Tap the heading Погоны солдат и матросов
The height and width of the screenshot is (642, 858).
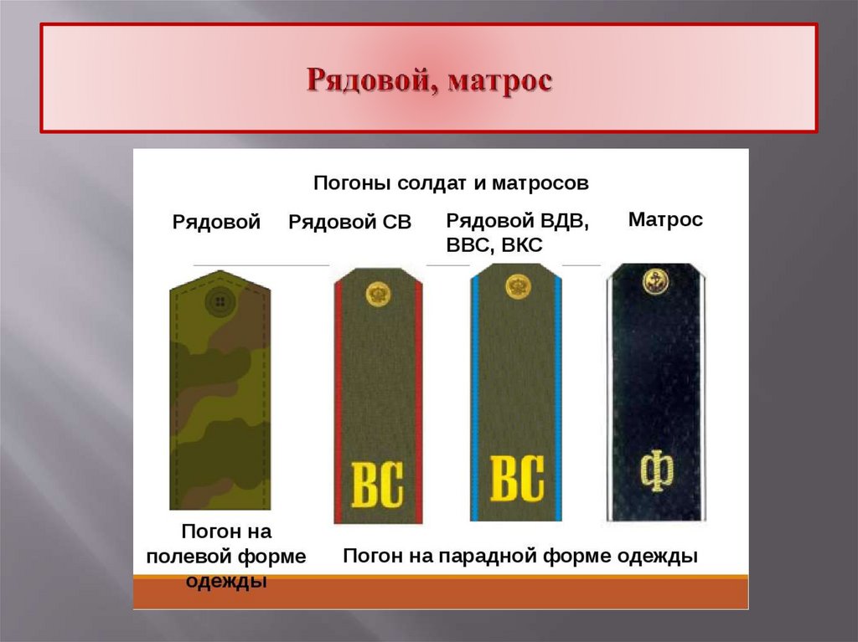451,182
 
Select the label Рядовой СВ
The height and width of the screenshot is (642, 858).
350,222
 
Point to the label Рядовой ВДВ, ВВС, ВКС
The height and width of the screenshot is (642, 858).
518,232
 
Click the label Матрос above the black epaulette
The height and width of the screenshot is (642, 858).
665,220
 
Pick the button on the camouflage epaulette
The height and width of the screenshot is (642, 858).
220,300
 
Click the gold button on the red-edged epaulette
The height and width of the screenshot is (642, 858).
378,294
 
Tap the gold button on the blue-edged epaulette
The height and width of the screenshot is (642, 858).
517,286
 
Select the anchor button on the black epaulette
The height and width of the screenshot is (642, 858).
655,281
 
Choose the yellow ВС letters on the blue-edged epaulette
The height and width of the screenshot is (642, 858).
516,479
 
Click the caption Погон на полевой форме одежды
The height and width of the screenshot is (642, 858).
226,557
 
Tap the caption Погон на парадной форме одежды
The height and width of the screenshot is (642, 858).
520,556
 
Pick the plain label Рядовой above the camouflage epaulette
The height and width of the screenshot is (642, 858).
217,222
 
